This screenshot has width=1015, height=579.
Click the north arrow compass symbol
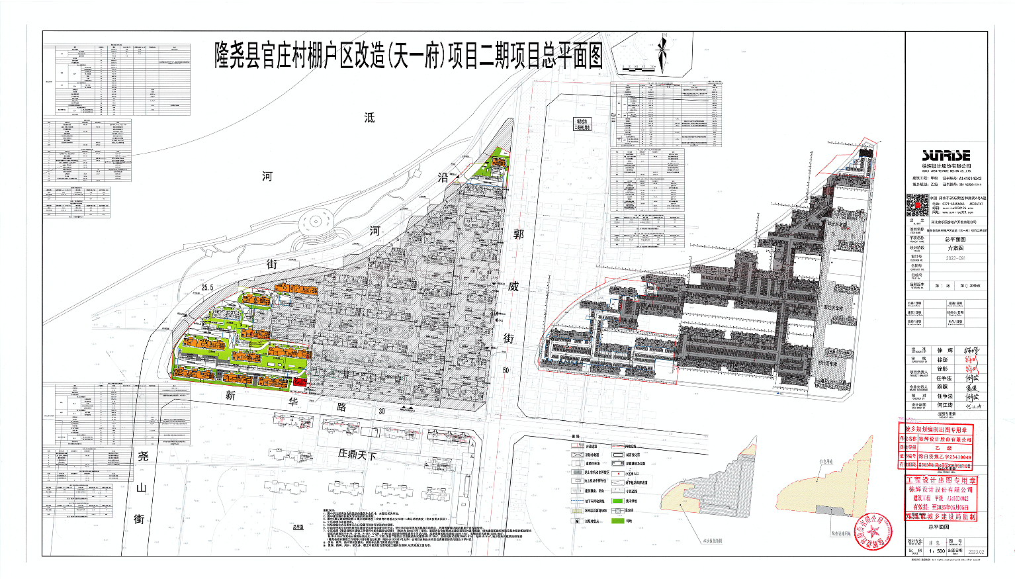(x=664, y=52)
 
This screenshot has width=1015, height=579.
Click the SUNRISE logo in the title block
(x=946, y=156)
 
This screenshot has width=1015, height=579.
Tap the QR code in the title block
(x=918, y=205)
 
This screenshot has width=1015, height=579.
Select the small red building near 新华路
(x=299, y=382)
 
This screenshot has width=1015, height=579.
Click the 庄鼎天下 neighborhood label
(x=357, y=455)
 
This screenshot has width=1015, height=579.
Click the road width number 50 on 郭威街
(x=506, y=370)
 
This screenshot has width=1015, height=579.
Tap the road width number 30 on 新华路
(x=382, y=411)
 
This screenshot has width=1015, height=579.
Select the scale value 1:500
(x=936, y=551)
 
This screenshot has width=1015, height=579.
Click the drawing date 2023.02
(x=976, y=551)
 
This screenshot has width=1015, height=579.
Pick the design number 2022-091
(x=955, y=259)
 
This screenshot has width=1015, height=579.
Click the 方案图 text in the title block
(x=955, y=248)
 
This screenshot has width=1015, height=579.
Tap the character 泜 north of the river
(x=369, y=117)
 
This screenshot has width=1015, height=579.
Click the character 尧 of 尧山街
(x=143, y=456)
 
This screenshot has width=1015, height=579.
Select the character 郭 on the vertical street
(x=518, y=234)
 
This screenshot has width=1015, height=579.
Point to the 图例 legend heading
(x=575, y=437)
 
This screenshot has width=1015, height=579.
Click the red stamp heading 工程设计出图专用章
(x=940, y=480)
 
